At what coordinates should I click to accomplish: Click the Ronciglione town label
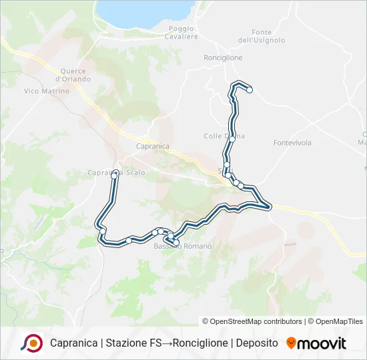click(223, 58)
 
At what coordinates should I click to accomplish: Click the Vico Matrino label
click(46, 91)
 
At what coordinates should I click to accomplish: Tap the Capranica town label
click(152, 146)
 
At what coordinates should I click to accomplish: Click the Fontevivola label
click(292, 143)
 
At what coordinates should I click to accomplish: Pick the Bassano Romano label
click(183, 247)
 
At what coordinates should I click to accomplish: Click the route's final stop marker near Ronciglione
click(250, 90)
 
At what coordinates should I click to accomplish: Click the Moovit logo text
click(322, 343)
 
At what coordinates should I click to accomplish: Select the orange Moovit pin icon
click(291, 343)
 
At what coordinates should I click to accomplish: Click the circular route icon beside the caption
click(31, 343)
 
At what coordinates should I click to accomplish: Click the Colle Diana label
click(224, 136)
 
